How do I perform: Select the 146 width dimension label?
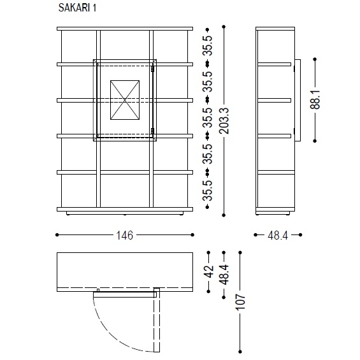pos(124,235)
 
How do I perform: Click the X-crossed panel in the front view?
pos(125,100)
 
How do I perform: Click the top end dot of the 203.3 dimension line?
pos(224,27)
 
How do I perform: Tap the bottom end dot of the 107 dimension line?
pos(240,350)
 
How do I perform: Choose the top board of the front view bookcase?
pos(124,29)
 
